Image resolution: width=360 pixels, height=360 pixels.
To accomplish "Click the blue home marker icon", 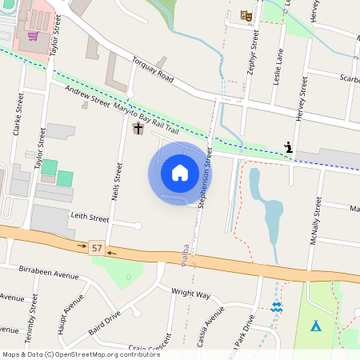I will coord(180,173).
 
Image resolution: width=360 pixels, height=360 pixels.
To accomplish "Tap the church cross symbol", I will coord(138,128).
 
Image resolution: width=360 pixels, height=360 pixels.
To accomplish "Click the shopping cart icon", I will coord(33,35).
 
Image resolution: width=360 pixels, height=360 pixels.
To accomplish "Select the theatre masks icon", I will coord(246,15).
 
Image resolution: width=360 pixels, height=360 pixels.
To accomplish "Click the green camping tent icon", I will coord(316,326).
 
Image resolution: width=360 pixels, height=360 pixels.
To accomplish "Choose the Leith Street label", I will coord(89,218).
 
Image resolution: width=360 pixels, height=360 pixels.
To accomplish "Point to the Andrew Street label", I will coord(86,98).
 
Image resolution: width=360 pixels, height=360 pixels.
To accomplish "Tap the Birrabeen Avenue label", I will coord(48,274).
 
